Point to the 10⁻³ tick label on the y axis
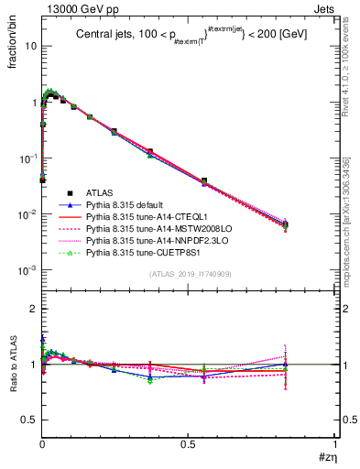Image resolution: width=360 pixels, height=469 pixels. tap(27, 271)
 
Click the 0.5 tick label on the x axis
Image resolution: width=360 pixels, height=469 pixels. tap(188, 443)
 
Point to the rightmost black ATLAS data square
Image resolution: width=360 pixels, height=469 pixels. tap(311, 224)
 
